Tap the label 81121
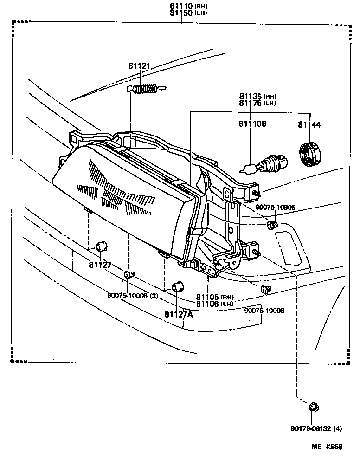[x=139, y=66]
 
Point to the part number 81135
[x=251, y=97]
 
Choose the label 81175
[x=251, y=103]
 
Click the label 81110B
[x=252, y=124]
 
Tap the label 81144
[x=309, y=124]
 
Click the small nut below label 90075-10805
[x=270, y=226]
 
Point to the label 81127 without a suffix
[x=100, y=265]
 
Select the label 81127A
[x=178, y=314]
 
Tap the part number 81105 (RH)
[x=208, y=297]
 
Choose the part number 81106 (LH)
[x=208, y=304]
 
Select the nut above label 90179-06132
[x=313, y=407]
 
